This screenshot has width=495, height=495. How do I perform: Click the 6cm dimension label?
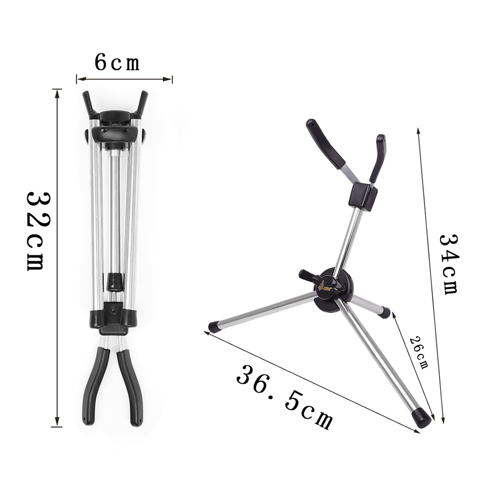tap(117, 63)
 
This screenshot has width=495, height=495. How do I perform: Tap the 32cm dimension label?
tap(36, 230)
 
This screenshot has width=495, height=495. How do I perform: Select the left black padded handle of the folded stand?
tap(94, 386)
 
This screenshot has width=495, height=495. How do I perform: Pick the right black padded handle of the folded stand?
tap(132, 386)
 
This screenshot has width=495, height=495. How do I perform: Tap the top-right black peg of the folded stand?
tap(143, 101)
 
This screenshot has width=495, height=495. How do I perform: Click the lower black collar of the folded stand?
tap(112, 318)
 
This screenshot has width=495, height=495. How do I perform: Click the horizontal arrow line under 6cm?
tap(124, 78)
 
